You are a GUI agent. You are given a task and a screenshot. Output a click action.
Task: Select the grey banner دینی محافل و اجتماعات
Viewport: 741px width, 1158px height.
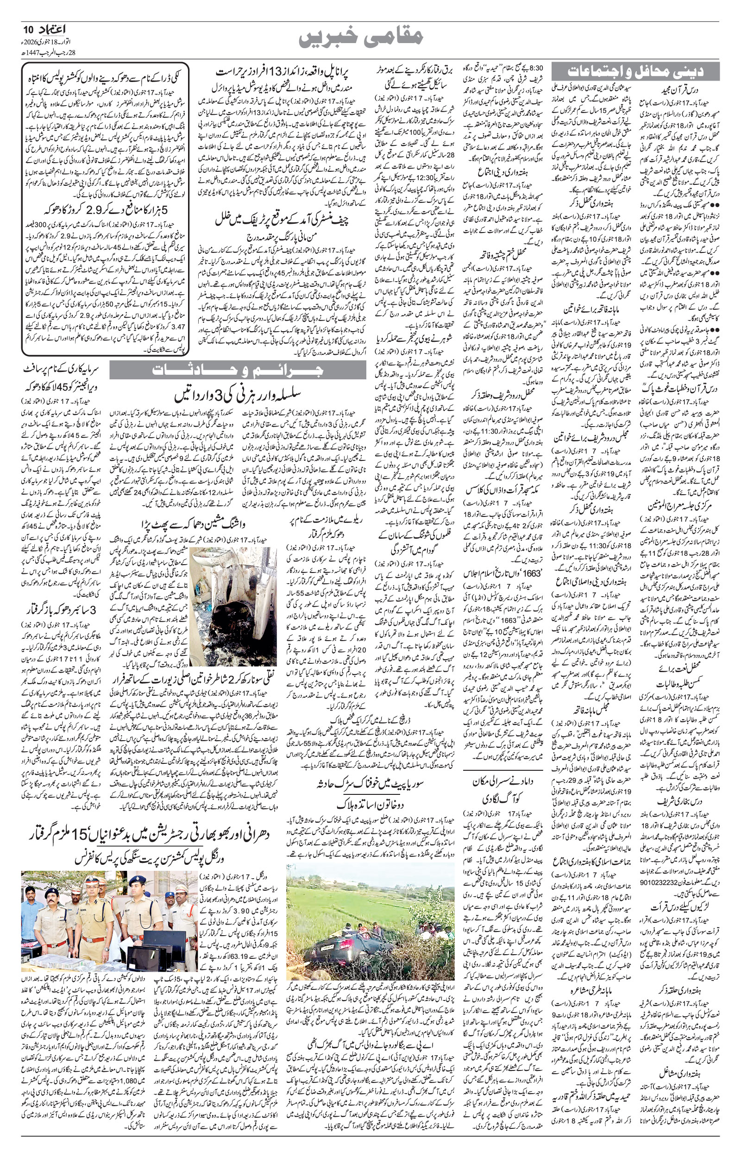pyautogui.click(x=635, y=72)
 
